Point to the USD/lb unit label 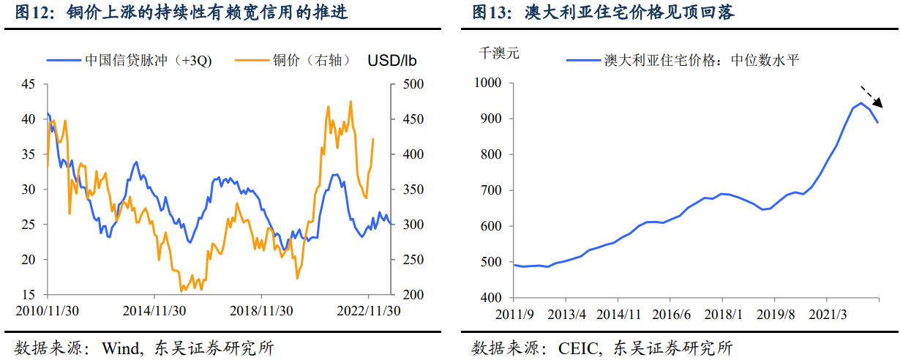[x=392, y=60]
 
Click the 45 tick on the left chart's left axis [x=29, y=84]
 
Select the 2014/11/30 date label [x=155, y=310]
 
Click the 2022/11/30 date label [x=368, y=310]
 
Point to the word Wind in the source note [x=124, y=347]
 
